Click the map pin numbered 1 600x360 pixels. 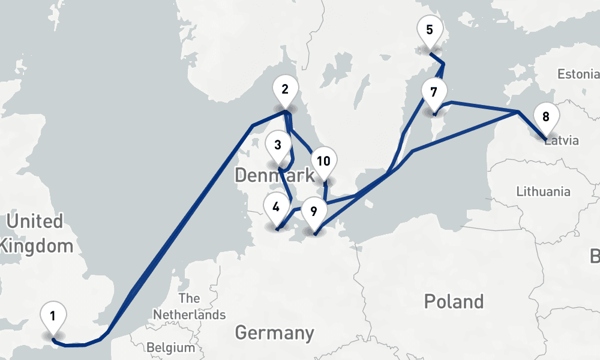(53, 316)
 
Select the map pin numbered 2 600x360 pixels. (286, 89)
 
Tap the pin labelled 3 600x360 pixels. (278, 145)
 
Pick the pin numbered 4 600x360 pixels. (276, 208)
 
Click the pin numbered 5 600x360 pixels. (429, 30)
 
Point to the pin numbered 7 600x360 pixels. (434, 92)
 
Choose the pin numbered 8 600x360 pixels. (545, 117)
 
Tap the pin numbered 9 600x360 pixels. (314, 211)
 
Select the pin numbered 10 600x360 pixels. (324, 161)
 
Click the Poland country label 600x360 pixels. (454, 301)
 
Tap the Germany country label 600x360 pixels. (274, 332)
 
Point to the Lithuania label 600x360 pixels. (543, 192)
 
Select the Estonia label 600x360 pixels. (578, 74)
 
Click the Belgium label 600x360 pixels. (171, 347)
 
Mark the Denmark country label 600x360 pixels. (274, 176)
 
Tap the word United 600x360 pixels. (34, 221)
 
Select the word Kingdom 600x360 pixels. (37, 245)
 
